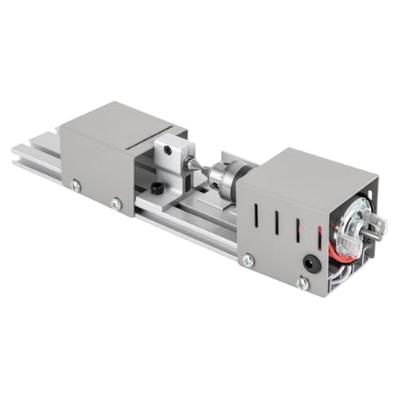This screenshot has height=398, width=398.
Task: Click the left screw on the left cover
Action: pyautogui.click(x=76, y=185)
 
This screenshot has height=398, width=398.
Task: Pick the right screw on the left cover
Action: pyautogui.click(x=117, y=204)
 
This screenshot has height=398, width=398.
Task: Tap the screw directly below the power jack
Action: pyautogui.click(x=302, y=282)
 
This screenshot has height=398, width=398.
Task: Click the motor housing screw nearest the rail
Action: pyautogui.click(x=248, y=259)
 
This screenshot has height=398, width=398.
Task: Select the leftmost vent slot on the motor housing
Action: pyautogui.click(x=257, y=215)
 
